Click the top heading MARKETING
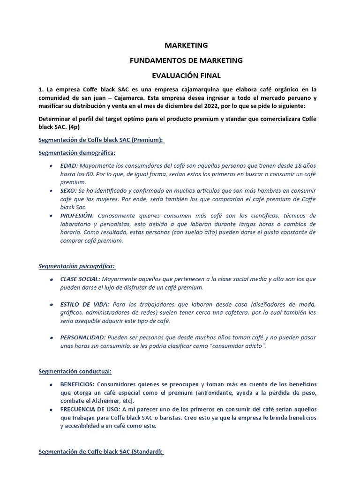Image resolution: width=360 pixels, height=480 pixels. pyautogui.click(x=186, y=45)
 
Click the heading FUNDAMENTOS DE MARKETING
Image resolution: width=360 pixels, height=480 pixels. pyautogui.click(x=186, y=60)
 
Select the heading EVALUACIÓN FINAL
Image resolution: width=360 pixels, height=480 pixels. pyautogui.click(x=186, y=75)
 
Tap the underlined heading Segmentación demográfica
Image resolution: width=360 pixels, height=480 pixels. pyautogui.click(x=76, y=153)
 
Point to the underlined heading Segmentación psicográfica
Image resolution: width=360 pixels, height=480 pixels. pyautogui.click(x=76, y=266)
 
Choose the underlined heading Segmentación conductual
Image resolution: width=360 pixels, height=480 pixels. pyautogui.click(x=75, y=372)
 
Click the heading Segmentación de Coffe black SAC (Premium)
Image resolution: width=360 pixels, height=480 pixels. pyautogui.click(x=101, y=140)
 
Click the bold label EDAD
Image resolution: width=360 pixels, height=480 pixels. pyautogui.click(x=69, y=165)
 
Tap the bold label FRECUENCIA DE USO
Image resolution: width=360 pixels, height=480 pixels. pyautogui.click(x=91, y=409)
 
